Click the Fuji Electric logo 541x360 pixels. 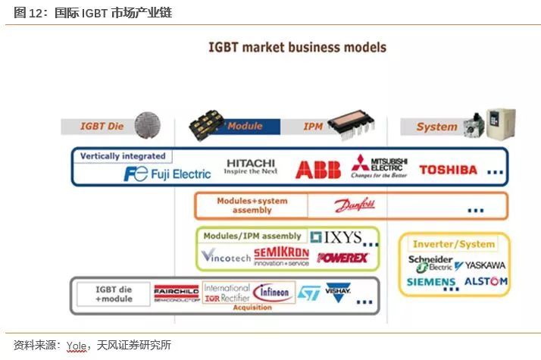click(x=167, y=174)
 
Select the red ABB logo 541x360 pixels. click(x=317, y=170)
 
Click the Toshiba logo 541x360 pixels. click(x=448, y=170)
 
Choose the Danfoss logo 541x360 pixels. click(x=355, y=205)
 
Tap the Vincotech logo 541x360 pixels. click(x=226, y=257)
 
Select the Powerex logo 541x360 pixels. click(x=342, y=258)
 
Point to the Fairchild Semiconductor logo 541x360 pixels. click(x=176, y=293)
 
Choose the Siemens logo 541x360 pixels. click(x=431, y=282)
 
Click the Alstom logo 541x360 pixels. click(x=485, y=282)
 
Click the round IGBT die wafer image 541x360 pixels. click(x=149, y=124)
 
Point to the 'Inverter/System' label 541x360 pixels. click(x=453, y=244)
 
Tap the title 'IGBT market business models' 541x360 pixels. click(x=297, y=47)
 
